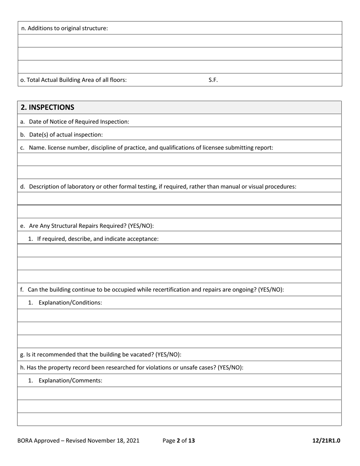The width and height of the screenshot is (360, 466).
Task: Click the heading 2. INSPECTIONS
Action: pos(47,107)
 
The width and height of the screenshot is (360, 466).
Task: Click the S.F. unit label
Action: pos(213,80)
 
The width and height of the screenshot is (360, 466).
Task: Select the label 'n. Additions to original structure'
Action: pos(64,28)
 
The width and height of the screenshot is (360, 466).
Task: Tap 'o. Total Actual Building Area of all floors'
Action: pos(74,80)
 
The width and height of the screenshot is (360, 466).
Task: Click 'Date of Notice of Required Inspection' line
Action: pos(79,122)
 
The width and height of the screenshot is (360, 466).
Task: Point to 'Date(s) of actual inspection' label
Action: pos(66,134)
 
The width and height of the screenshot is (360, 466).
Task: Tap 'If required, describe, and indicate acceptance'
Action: pos(97,239)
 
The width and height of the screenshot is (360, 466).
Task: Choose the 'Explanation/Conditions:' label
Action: pos(70,303)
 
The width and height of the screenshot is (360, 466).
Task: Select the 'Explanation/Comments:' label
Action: pos(70,380)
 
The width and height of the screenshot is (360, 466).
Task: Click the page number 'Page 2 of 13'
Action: pos(178,441)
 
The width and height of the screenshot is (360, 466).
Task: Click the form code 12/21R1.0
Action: pos(326,441)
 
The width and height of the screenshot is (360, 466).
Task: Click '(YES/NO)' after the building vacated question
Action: pos(168,355)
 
